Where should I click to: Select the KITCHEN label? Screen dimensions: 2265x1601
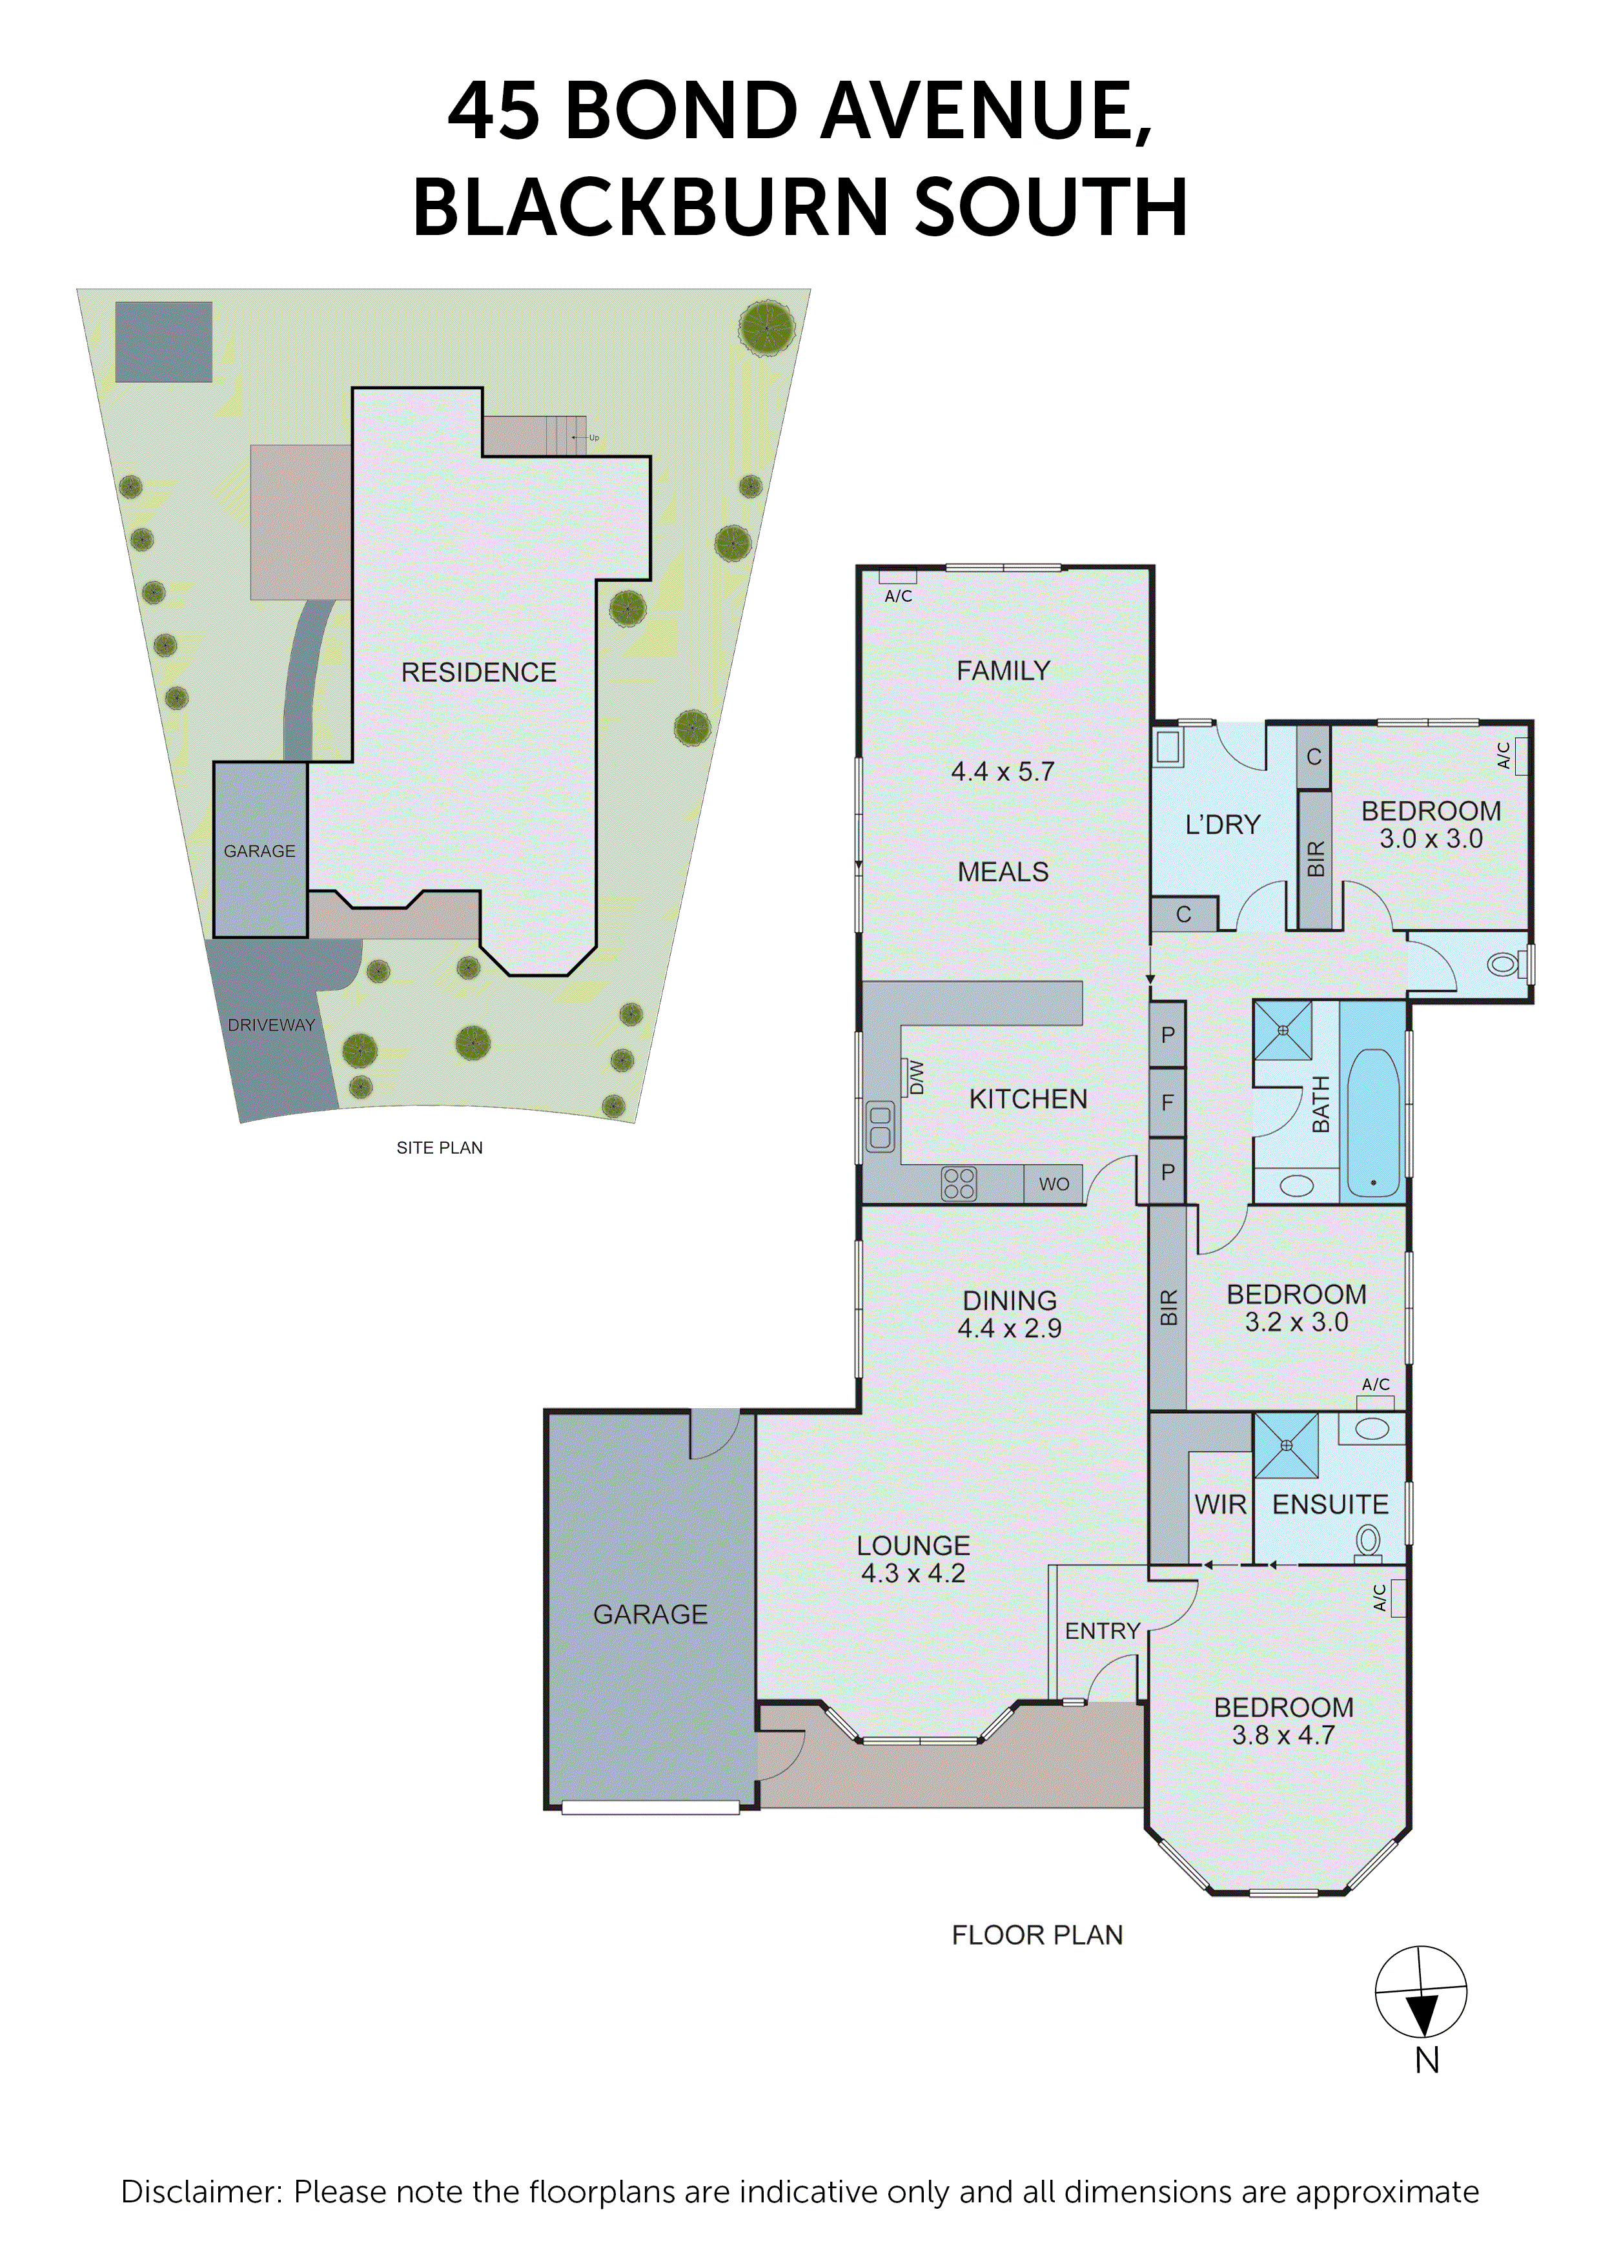pyautogui.click(x=1027, y=1099)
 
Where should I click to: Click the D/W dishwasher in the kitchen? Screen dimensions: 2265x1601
pyautogui.click(x=915, y=1077)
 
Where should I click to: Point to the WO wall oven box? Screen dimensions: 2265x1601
pyautogui.click(x=1054, y=1184)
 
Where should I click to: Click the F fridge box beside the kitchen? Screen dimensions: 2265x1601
pyautogui.click(x=1167, y=1102)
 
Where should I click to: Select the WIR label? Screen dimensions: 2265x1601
pyautogui.click(x=1220, y=1504)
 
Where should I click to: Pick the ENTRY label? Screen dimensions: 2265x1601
pyautogui.click(x=1102, y=1631)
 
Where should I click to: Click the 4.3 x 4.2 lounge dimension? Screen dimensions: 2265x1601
pyautogui.click(x=912, y=1573)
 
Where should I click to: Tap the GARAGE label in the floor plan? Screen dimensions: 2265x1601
pyautogui.click(x=650, y=1614)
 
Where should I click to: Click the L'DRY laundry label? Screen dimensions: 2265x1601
pyautogui.click(x=1222, y=825)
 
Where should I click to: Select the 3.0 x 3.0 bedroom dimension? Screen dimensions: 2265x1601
pyautogui.click(x=1431, y=839)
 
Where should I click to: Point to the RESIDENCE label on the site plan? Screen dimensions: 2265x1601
pyautogui.click(x=478, y=673)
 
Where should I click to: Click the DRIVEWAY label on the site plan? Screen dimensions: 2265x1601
pyautogui.click(x=271, y=1025)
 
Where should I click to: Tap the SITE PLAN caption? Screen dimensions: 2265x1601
pyautogui.click(x=439, y=1147)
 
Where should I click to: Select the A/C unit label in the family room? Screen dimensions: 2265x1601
pyautogui.click(x=898, y=596)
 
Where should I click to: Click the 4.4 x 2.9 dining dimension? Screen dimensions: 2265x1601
pyautogui.click(x=1009, y=1328)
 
